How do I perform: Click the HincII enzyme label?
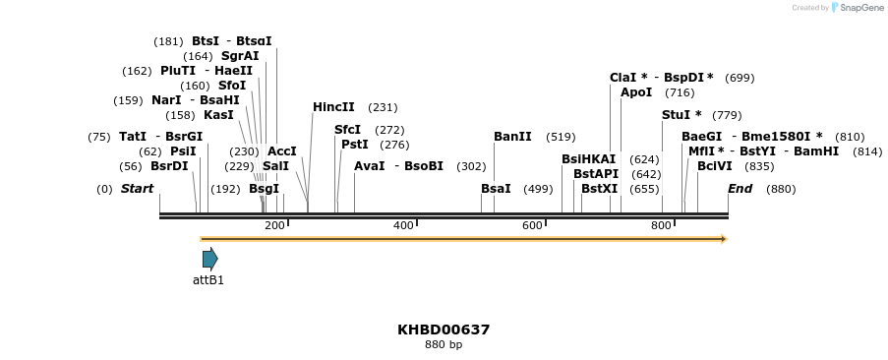click(333, 107)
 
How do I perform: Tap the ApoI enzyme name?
click(636, 92)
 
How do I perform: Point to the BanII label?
click(512, 137)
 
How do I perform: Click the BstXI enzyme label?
click(599, 189)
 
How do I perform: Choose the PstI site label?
click(354, 145)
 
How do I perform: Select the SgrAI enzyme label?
click(240, 56)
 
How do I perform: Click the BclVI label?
click(714, 166)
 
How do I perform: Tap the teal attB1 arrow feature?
click(209, 259)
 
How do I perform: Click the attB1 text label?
click(208, 280)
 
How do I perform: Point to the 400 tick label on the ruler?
click(403, 226)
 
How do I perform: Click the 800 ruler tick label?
click(661, 226)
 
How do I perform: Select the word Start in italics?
click(137, 189)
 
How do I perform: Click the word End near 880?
click(740, 189)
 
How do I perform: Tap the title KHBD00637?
click(444, 330)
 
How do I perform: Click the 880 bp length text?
click(444, 345)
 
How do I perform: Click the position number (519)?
click(561, 137)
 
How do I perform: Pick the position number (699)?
click(740, 77)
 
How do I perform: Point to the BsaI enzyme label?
click(496, 189)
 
